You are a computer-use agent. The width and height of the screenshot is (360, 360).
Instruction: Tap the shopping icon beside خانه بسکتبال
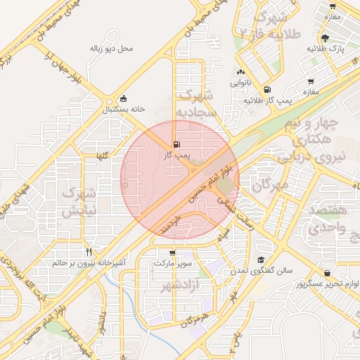(124, 98)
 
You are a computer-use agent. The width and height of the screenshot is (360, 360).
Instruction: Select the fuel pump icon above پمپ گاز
(175, 145)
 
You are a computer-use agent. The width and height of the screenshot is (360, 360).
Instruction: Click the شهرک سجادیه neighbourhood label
(193, 103)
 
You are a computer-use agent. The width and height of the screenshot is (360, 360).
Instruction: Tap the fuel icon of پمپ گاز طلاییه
(267, 90)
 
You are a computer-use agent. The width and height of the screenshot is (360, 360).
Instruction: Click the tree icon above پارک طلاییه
(324, 38)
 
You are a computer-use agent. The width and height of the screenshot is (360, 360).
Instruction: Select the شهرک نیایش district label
(77, 202)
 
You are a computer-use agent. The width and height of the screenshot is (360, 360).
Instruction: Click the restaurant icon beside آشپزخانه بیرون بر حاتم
(89, 251)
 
